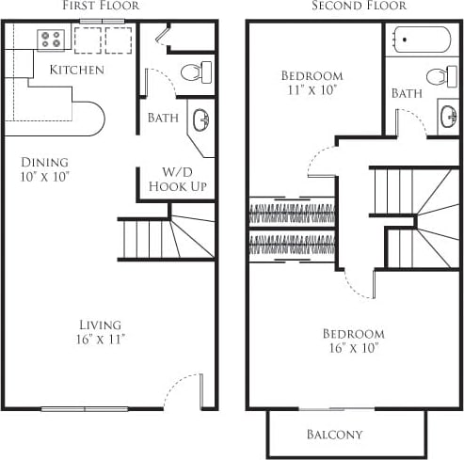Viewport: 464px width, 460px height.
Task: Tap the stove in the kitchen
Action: [51, 40]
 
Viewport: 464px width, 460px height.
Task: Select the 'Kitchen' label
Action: [76, 70]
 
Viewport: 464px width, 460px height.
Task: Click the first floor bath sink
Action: [200, 120]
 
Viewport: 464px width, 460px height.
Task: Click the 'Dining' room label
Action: [45, 160]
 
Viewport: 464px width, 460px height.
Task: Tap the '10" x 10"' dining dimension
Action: [45, 176]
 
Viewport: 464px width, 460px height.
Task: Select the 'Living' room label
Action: [100, 325]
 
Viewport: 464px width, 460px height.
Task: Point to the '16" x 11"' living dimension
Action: [100, 341]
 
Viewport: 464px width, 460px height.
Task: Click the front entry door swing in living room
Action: [184, 390]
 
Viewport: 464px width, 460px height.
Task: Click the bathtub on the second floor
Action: [422, 41]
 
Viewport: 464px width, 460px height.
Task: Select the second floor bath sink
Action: [447, 117]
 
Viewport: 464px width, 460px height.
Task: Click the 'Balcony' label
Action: [333, 435]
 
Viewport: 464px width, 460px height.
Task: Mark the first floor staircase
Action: [165, 238]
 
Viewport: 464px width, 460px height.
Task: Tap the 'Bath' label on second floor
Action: [407, 93]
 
